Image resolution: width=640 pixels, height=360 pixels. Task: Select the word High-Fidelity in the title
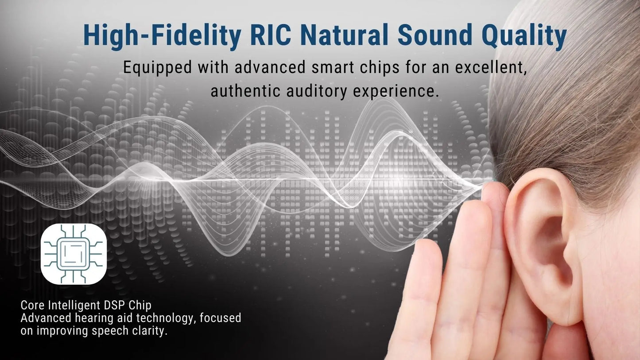(x=162, y=37)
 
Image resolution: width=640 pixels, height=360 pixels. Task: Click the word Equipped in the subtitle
(x=157, y=69)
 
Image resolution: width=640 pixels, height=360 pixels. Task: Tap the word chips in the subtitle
(x=380, y=69)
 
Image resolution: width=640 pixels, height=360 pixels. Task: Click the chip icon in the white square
(x=74, y=254)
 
